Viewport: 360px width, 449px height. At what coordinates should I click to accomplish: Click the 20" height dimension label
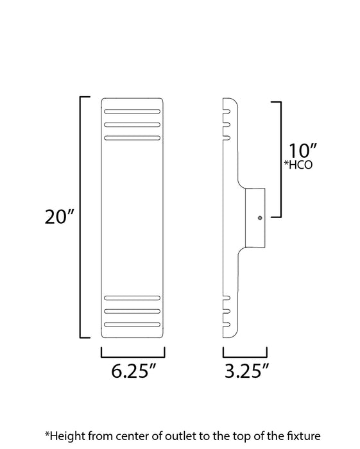coord(60,217)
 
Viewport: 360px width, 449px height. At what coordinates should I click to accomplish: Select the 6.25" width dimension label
coord(133,371)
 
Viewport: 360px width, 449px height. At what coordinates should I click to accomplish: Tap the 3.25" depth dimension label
coord(245,371)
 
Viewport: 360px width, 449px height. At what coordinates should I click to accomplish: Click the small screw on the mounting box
coord(259,218)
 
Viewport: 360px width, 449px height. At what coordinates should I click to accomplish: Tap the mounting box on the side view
coord(256,217)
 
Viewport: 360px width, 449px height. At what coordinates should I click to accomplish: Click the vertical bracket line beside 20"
coord(80,217)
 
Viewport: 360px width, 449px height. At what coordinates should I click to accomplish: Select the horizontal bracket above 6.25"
coord(133,356)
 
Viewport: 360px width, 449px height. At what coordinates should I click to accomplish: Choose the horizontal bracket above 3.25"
coord(244,356)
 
